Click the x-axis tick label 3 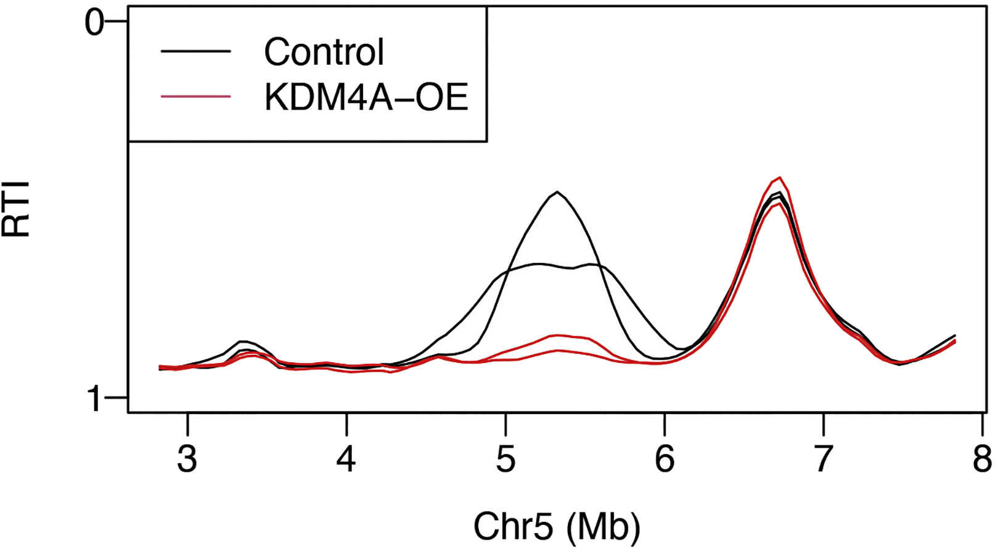click(187, 459)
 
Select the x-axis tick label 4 click(346, 459)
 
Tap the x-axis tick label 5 click(505, 459)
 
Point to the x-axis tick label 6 click(665, 459)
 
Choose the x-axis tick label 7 click(824, 459)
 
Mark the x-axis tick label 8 click(982, 459)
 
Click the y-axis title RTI click(16, 208)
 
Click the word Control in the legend click(324, 52)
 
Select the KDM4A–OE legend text click(366, 97)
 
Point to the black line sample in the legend click(196, 51)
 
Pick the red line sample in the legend click(196, 96)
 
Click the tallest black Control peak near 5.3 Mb click(557, 192)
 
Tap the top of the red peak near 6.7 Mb click(780, 178)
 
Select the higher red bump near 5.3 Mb click(558, 336)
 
